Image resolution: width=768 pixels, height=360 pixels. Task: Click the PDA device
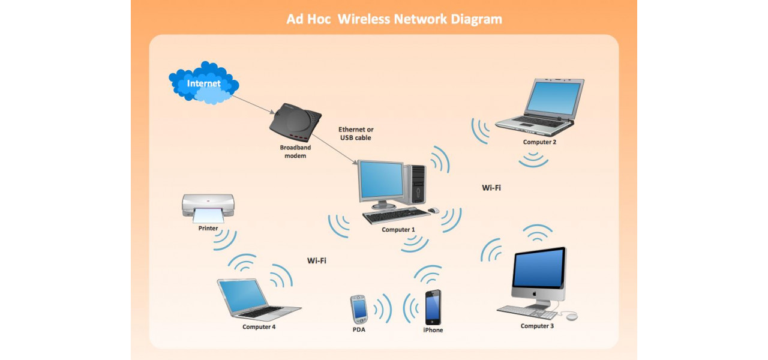pyautogui.click(x=359, y=309)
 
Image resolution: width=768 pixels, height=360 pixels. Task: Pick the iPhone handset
pyautogui.click(x=433, y=307)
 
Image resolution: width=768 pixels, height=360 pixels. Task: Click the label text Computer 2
pyautogui.click(x=539, y=142)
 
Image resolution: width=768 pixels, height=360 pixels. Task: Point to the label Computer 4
pyautogui.click(x=259, y=327)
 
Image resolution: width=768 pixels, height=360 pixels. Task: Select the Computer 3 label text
pyautogui.click(x=537, y=326)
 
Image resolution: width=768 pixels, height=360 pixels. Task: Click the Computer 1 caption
pyautogui.click(x=398, y=230)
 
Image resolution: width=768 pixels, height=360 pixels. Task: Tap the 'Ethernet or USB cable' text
pyautogui.click(x=355, y=133)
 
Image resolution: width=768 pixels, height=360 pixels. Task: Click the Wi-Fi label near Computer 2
pyautogui.click(x=491, y=188)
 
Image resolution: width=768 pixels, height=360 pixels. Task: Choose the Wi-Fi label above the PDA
pyautogui.click(x=317, y=260)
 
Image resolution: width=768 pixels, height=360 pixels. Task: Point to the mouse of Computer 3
pyautogui.click(x=571, y=316)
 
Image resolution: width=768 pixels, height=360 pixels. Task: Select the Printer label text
pyautogui.click(x=208, y=228)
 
